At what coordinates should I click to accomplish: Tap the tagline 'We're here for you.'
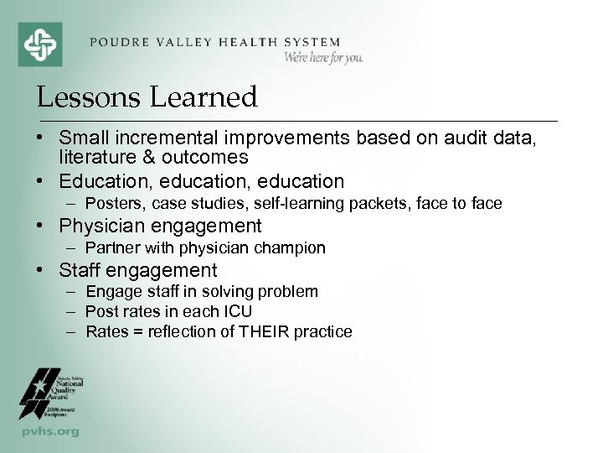tap(322, 58)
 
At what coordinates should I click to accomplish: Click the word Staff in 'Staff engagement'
tap(80, 270)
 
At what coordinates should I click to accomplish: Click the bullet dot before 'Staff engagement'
tap(42, 270)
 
